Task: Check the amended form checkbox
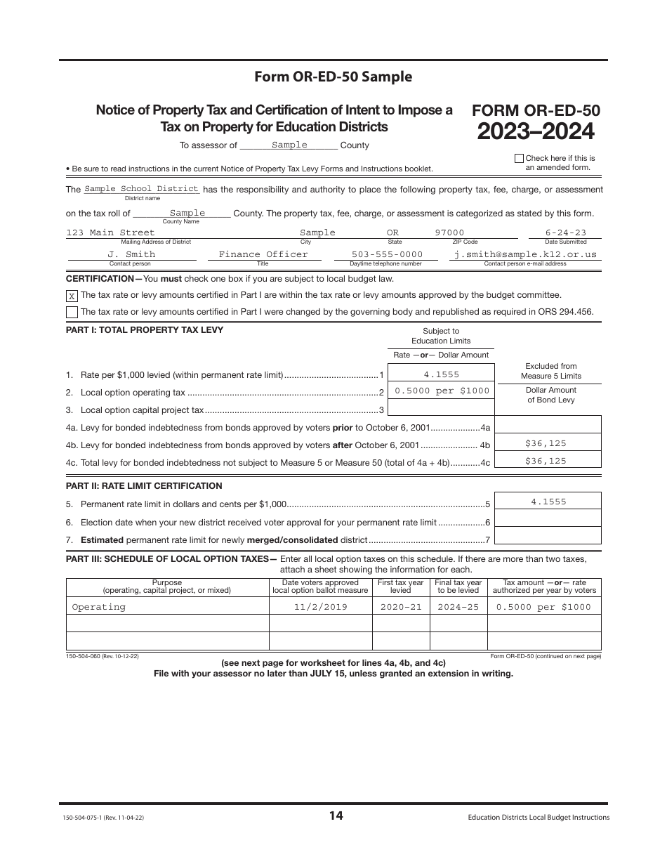tap(519, 159)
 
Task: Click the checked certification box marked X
tap(72, 296)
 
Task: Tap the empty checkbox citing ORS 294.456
tap(72, 312)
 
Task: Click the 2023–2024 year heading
tap(536, 131)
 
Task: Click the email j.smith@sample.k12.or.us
tap(525, 254)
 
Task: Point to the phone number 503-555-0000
tap(387, 254)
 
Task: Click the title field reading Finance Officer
tap(263, 254)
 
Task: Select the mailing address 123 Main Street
tap(110, 233)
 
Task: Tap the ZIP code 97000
tap(449, 233)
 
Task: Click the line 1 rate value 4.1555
tap(441, 374)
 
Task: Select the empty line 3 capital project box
tap(441, 407)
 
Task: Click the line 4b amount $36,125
tap(546, 443)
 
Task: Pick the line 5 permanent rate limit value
tap(548, 502)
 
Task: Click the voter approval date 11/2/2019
tap(320, 607)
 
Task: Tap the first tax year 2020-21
tap(400, 607)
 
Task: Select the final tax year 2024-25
tap(458, 607)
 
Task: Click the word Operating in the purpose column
tap(99, 607)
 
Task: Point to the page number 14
tap(336, 816)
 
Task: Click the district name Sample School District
tap(141, 189)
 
